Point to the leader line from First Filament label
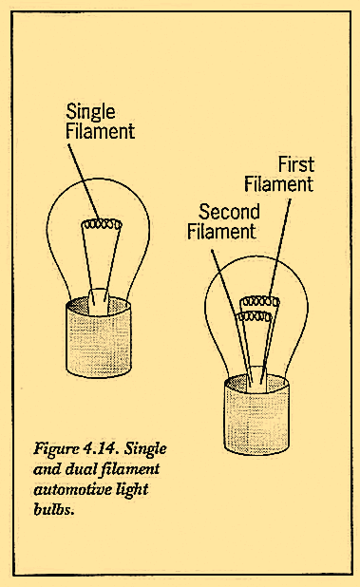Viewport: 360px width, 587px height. pos(275,247)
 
